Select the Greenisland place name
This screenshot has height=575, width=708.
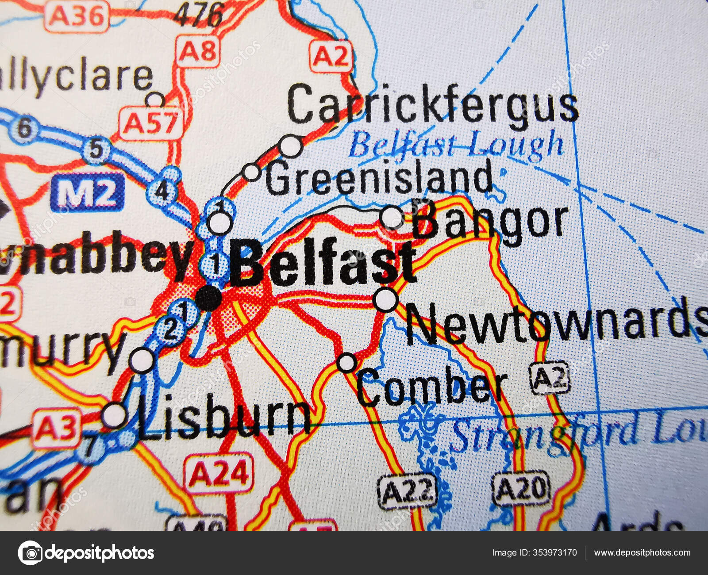378,177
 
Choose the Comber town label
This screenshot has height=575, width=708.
431,387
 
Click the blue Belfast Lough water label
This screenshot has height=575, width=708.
456,145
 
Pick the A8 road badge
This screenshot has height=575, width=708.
198,52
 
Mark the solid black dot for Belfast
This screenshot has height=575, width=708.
208,298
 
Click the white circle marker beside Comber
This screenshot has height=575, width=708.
347,363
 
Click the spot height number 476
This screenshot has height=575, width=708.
198,15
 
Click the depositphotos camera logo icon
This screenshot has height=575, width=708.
30,553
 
